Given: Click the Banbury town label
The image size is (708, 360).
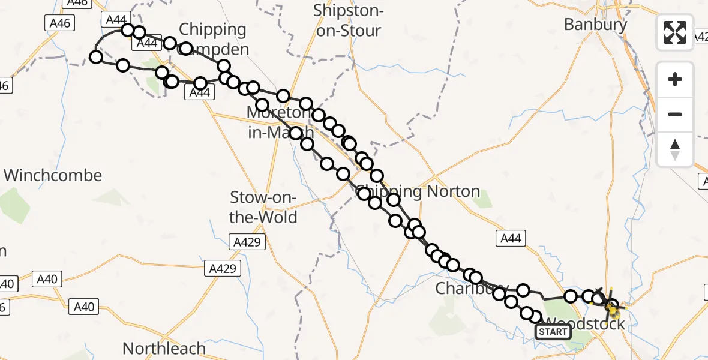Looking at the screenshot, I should click(595, 25).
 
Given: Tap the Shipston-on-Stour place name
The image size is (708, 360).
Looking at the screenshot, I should click(349, 20).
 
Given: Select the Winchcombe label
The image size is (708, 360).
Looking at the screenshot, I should click(53, 176).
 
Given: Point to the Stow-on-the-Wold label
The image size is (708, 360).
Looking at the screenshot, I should click(263, 207).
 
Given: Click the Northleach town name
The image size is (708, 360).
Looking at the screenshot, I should click(164, 348).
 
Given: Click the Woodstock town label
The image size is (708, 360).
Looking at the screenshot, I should click(585, 324).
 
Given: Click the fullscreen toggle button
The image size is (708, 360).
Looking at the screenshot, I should click(675, 32).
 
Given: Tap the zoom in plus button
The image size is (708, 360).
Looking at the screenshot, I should click(675, 79).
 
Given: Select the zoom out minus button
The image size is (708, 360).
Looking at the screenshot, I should click(675, 114).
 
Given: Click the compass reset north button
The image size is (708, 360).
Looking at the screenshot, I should click(675, 149).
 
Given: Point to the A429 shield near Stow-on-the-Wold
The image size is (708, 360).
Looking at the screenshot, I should click(246, 242).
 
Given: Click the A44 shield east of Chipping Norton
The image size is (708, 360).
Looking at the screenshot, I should click(510, 239).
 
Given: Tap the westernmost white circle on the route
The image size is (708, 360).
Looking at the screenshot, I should click(96, 57).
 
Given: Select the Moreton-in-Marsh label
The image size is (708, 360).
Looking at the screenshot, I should click(280, 122).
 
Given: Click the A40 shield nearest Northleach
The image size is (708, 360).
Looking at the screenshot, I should click(83, 307).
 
